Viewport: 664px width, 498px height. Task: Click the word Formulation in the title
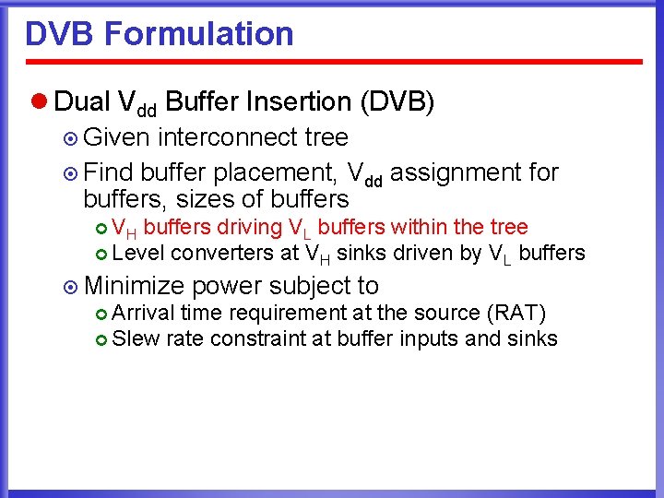199,34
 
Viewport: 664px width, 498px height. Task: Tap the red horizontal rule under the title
332,62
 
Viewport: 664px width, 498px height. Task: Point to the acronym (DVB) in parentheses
396,101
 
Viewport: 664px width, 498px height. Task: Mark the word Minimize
133,286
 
